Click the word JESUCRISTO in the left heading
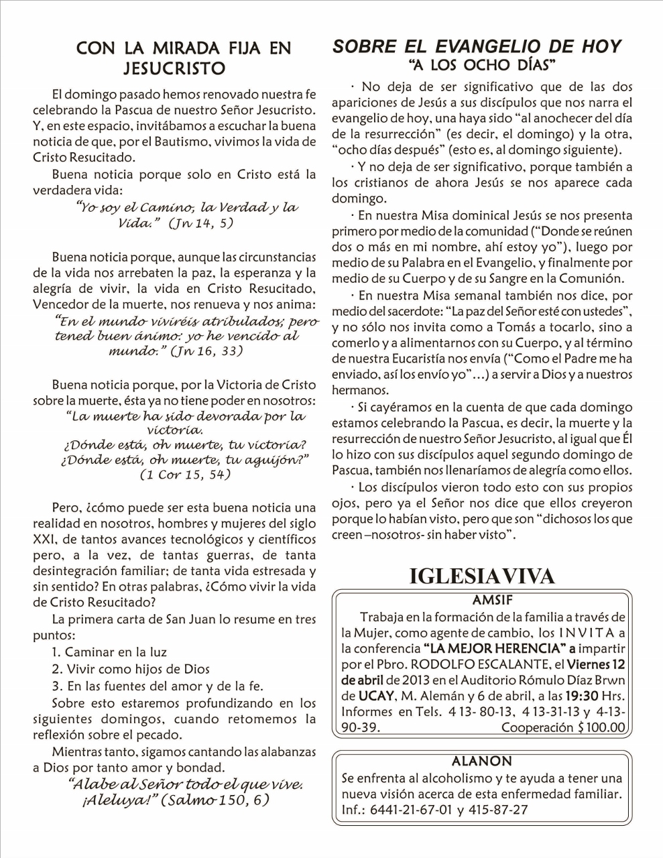pos(174,68)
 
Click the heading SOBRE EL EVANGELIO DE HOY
pos(477,46)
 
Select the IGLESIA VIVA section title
pos(482,576)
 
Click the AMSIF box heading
pos(492,601)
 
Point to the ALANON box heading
pos(481,761)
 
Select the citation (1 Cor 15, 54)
pos(185,475)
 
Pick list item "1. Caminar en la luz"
pos(109,652)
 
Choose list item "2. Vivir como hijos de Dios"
pos(131,669)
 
